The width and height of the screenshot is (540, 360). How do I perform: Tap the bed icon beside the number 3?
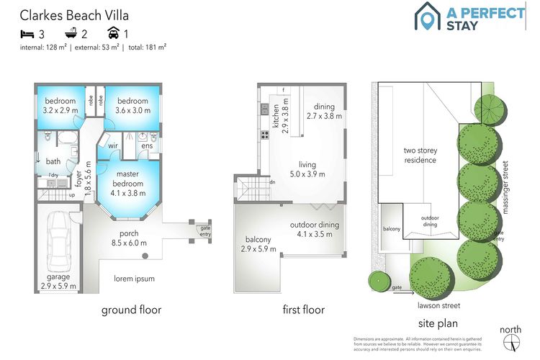(x=27, y=33)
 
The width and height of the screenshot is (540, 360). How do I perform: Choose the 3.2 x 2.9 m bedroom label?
(x=60, y=105)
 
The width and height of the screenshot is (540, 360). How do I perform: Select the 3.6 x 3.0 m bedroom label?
(x=132, y=105)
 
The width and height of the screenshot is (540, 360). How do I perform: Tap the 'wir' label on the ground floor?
(x=113, y=146)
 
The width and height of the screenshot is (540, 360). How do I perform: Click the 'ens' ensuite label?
(x=147, y=146)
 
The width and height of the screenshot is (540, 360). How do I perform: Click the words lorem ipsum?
(x=135, y=279)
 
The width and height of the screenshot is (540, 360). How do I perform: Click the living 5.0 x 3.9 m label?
(x=307, y=168)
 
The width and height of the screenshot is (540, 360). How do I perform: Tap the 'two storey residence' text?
(x=420, y=155)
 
